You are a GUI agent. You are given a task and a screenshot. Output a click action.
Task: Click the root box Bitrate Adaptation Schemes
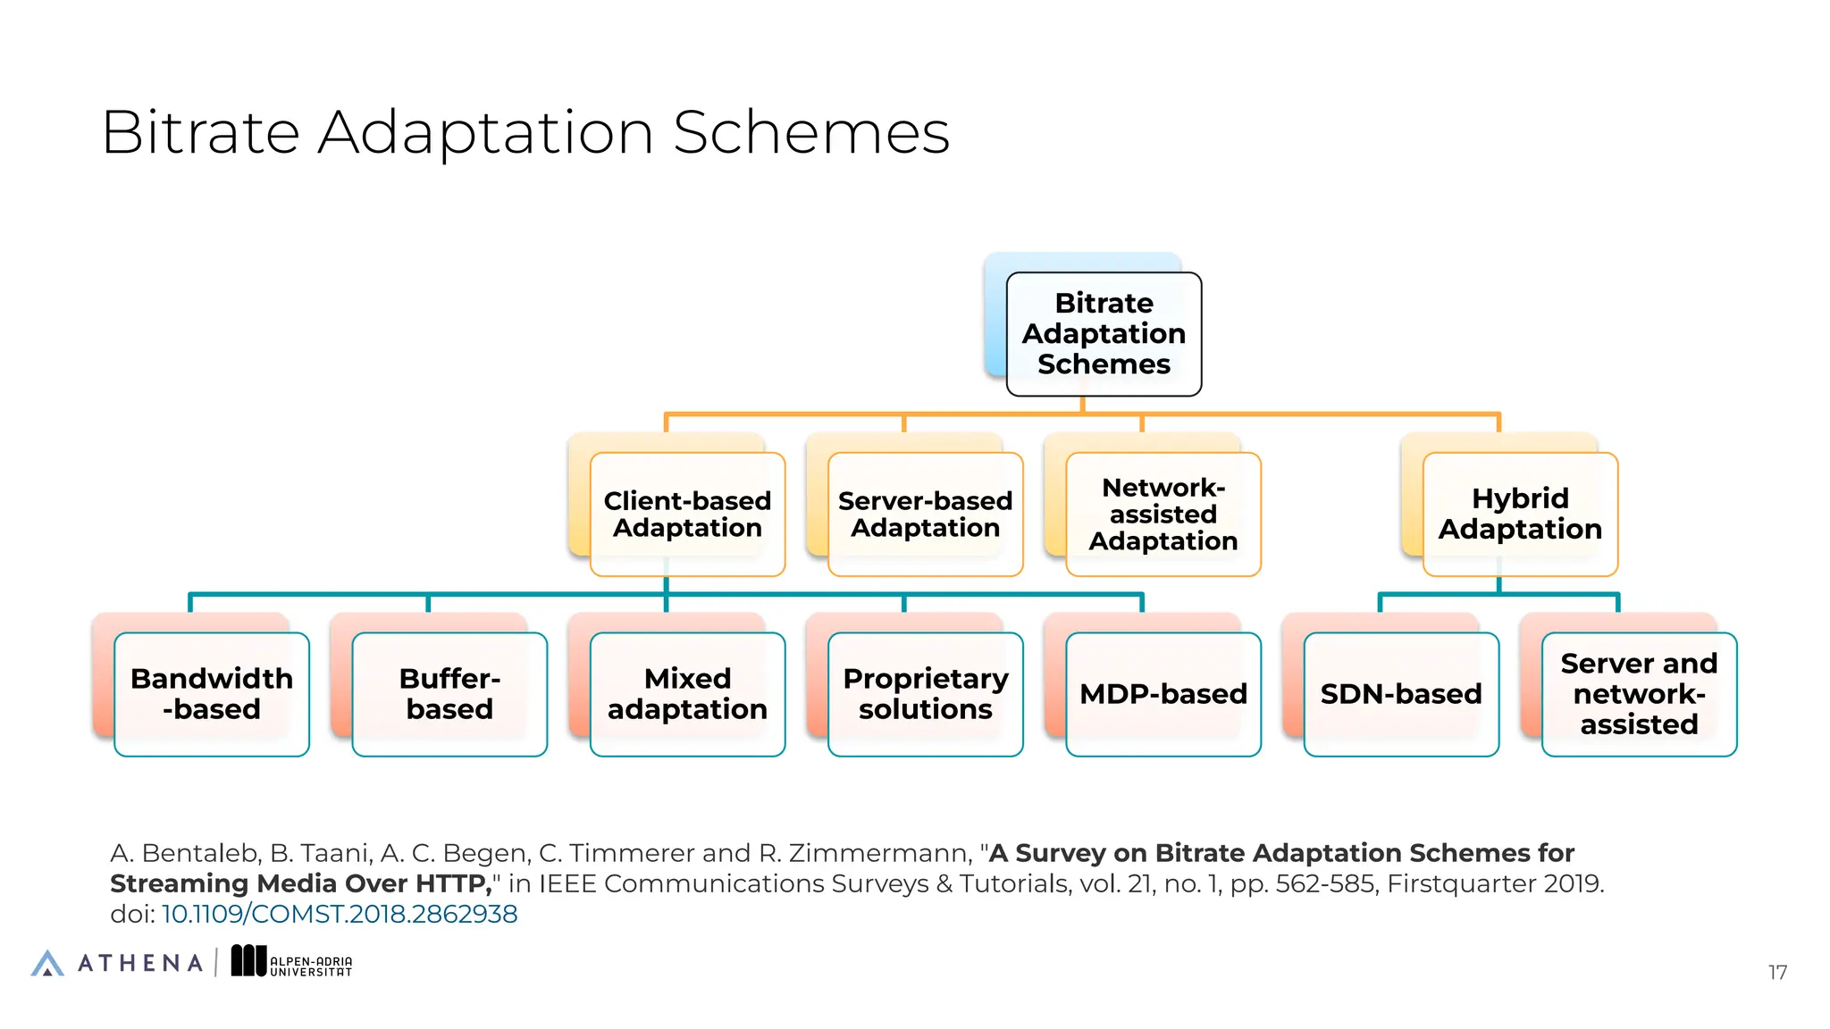(x=1104, y=334)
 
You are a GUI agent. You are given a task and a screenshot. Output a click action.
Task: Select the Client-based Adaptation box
(x=687, y=514)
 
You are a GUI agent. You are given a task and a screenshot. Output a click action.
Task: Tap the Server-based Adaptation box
(x=925, y=514)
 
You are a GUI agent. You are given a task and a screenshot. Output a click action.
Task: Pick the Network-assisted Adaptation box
(x=1163, y=514)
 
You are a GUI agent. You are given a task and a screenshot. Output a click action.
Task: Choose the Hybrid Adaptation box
(x=1520, y=514)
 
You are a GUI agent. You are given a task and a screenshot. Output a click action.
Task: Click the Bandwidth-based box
(x=212, y=694)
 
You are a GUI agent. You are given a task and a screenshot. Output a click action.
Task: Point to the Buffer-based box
(x=449, y=694)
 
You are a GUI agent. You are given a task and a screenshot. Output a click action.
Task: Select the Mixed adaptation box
(x=687, y=694)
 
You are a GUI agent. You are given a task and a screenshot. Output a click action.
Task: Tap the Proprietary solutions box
(x=925, y=694)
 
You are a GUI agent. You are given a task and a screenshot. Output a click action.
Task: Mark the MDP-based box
(x=1163, y=694)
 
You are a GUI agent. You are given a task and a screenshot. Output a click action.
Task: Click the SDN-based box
(x=1400, y=694)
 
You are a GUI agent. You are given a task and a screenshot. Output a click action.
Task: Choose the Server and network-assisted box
(x=1639, y=694)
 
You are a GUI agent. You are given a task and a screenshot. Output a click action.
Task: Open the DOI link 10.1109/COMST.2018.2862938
(x=340, y=915)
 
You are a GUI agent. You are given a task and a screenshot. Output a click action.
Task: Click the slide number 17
(x=1777, y=973)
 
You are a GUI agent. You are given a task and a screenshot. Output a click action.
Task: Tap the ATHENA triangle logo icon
(x=47, y=963)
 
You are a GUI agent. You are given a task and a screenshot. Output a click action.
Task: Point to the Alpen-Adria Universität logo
(x=292, y=962)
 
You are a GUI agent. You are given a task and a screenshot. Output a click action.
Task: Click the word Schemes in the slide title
(x=810, y=133)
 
